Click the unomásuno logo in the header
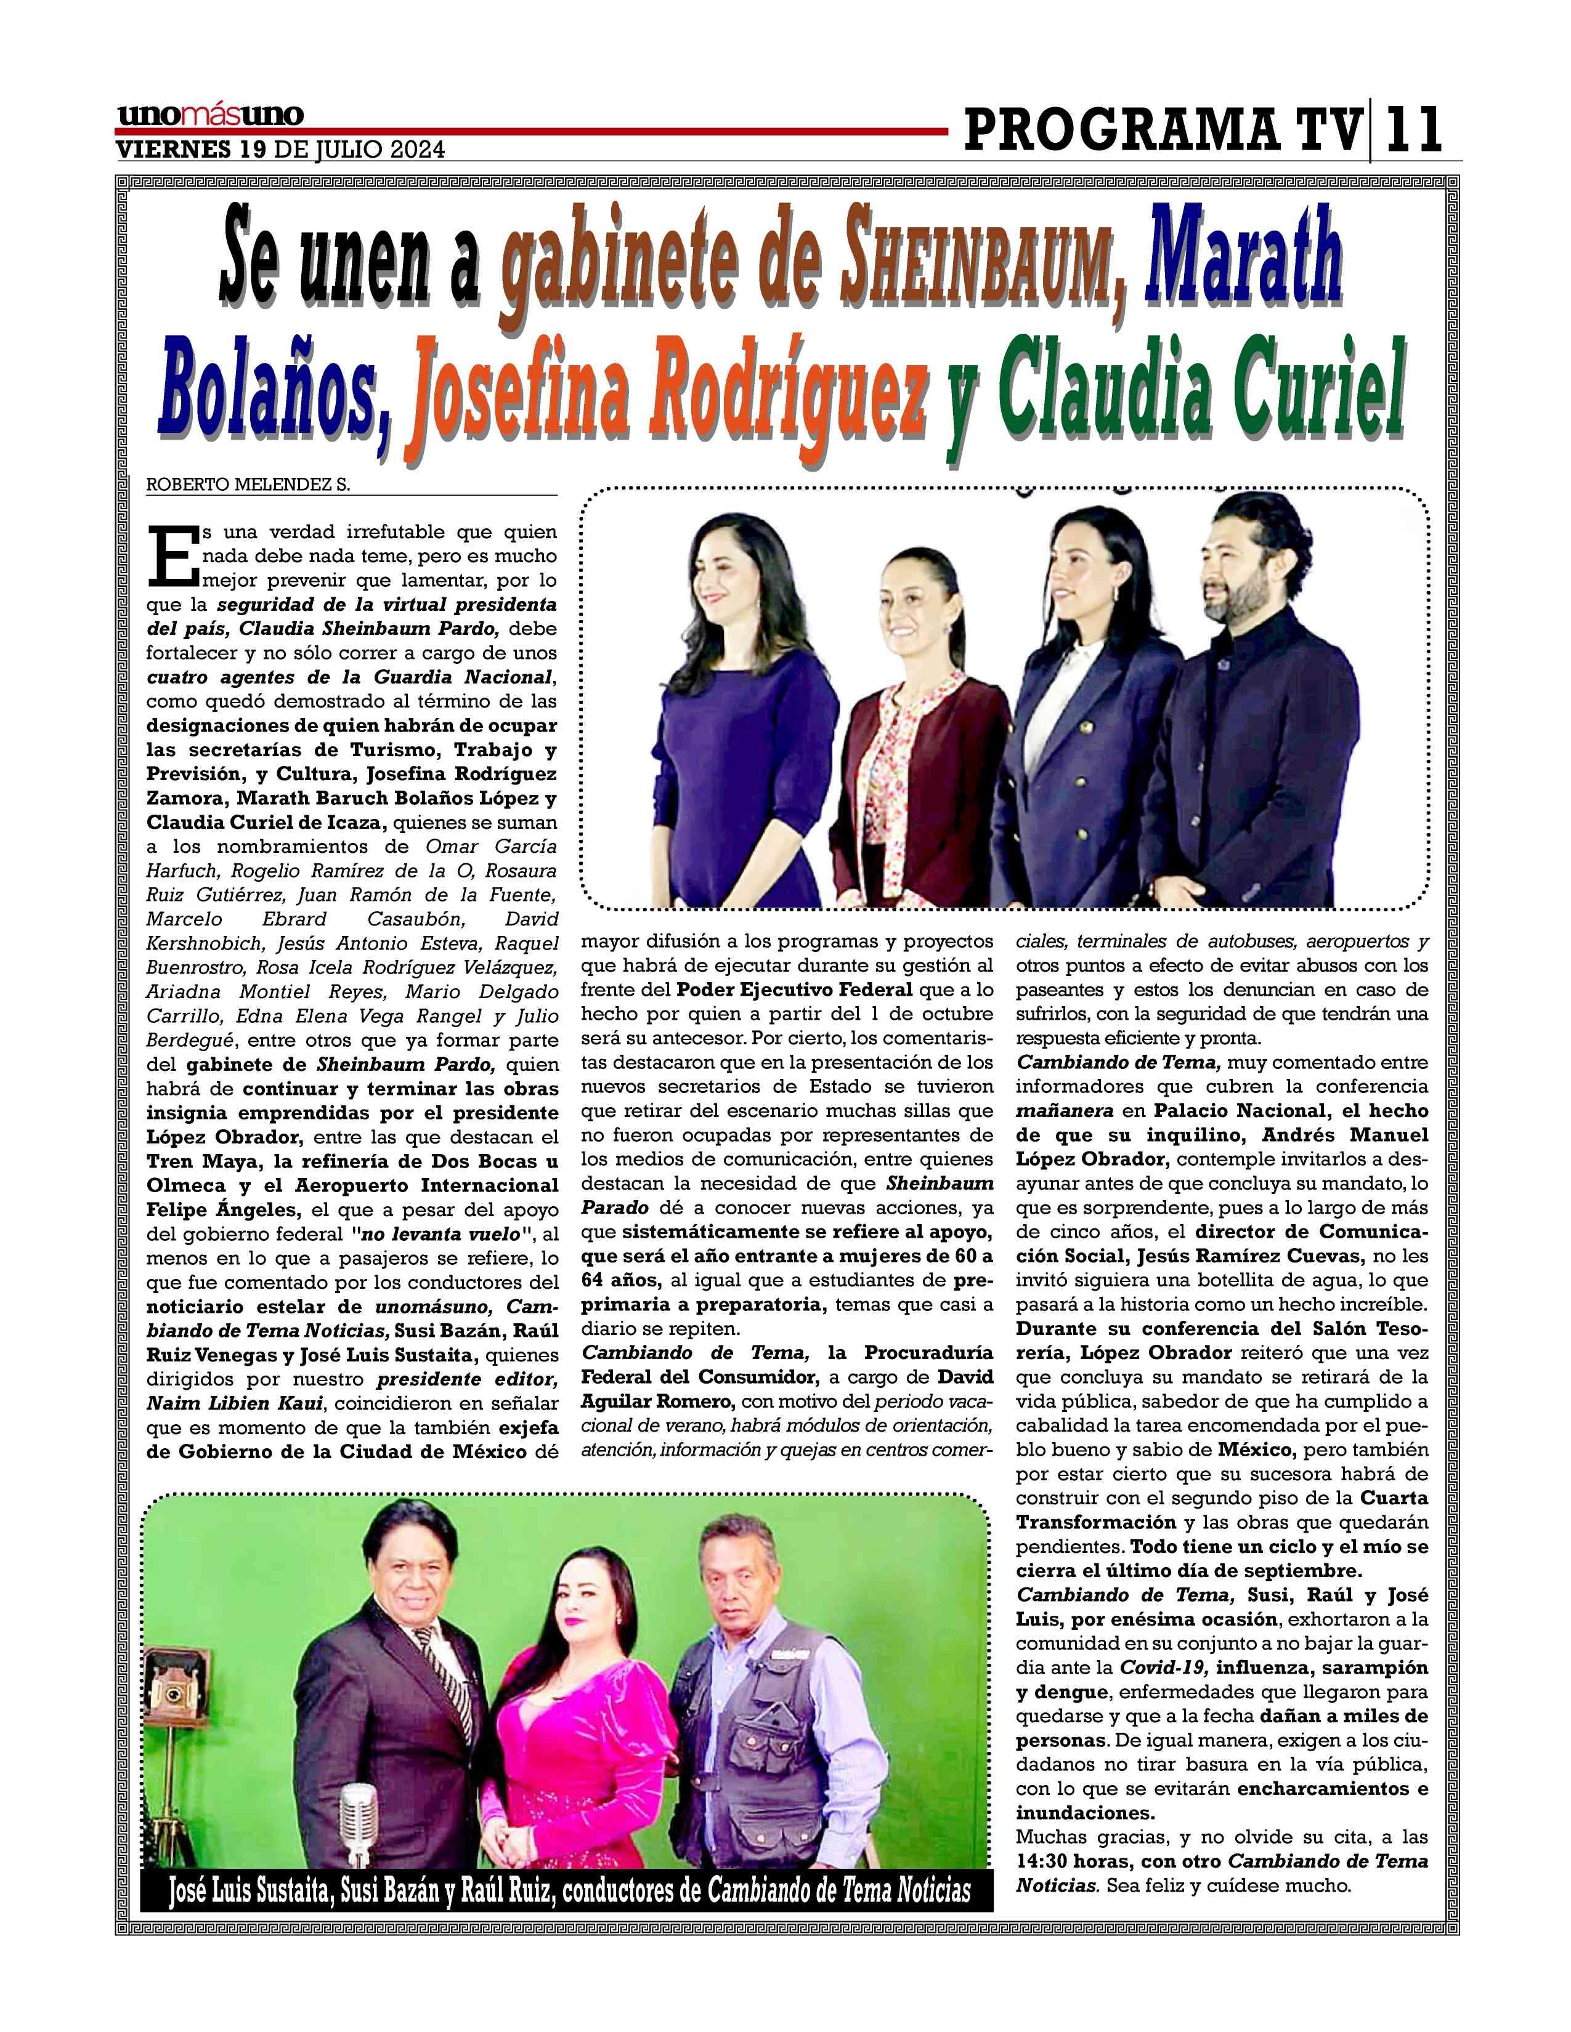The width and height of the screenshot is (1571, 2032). (x=210, y=115)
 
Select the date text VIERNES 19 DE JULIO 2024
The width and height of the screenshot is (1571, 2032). (x=279, y=150)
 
